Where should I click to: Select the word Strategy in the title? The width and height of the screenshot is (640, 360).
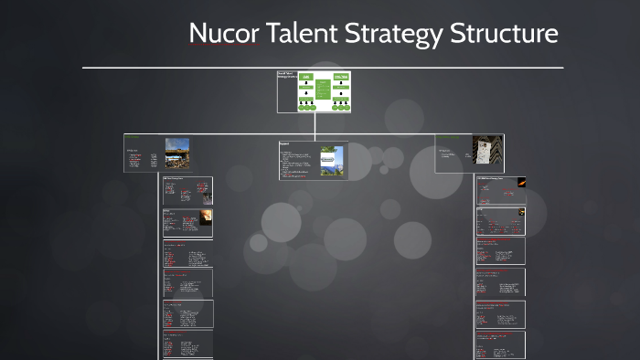[x=394, y=34]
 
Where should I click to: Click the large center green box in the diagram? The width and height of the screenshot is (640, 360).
[x=323, y=90]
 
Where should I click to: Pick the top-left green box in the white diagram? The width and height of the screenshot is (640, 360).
[x=306, y=78]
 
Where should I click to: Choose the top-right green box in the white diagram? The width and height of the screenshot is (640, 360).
[x=340, y=78]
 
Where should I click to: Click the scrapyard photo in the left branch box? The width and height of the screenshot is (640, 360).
[x=176, y=153]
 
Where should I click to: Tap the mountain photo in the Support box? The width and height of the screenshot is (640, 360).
[x=332, y=159]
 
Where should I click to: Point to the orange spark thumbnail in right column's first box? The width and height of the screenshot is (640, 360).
[x=519, y=183]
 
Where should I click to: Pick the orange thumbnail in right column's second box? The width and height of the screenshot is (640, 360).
[x=518, y=220]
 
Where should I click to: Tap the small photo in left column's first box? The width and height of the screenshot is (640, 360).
[x=206, y=194]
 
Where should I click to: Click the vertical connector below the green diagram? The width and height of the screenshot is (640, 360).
[x=314, y=123]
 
